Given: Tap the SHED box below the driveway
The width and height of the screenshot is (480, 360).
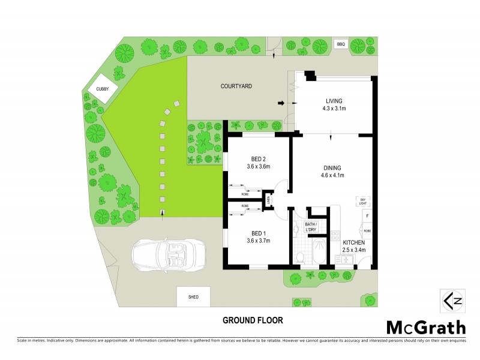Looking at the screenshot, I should coord(193,296).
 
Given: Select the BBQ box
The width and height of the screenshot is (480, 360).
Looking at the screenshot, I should coord(341,44).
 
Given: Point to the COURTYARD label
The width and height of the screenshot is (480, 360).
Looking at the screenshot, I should coord(236,86).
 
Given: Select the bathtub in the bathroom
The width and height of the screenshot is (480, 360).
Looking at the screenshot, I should coord(316,251).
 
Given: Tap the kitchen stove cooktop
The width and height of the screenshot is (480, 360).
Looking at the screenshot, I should coord(335,235).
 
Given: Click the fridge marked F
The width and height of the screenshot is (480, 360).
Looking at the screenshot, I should coord(366,215).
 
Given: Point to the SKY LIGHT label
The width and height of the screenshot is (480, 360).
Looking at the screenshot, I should coord(362,201).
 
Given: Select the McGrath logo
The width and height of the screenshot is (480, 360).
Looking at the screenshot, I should coord(425,327).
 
